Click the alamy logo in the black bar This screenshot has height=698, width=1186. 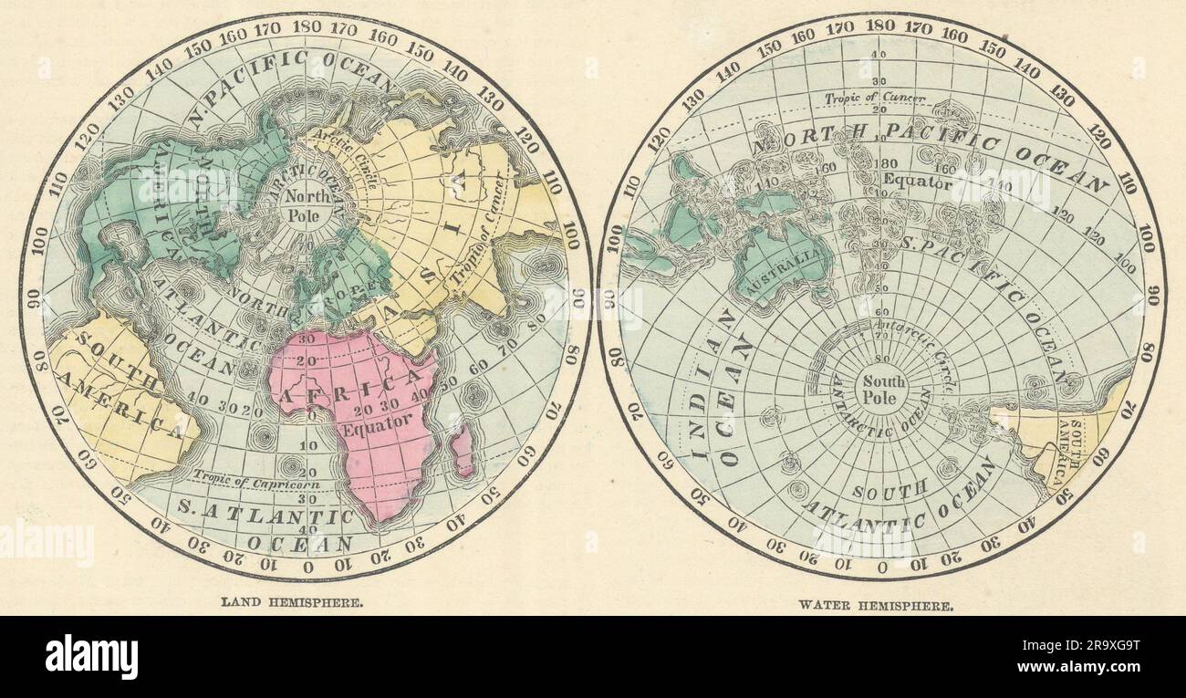point(91,657)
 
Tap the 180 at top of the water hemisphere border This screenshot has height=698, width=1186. point(880,26)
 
